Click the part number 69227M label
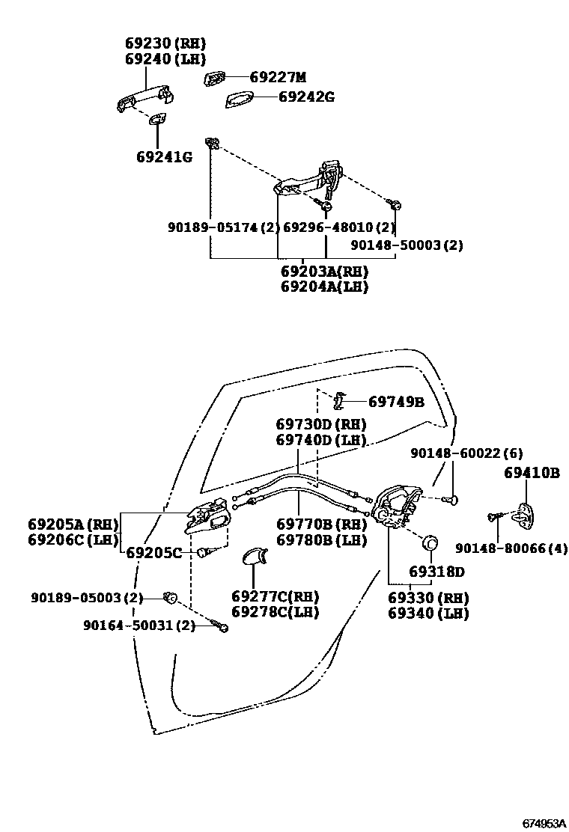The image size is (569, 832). [278, 77]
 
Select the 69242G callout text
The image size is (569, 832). [306, 97]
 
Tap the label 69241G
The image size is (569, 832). [164, 157]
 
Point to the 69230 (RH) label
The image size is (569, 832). [165, 43]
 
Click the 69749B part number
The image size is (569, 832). [396, 402]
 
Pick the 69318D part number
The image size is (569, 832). [436, 572]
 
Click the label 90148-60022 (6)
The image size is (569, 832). [466, 453]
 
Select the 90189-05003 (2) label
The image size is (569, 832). [87, 598]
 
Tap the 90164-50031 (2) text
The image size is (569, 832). [139, 625]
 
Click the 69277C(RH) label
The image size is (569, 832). [275, 596]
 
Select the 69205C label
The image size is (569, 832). [153, 553]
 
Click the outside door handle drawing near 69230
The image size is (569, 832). [145, 99]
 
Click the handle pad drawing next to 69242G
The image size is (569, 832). [240, 100]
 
